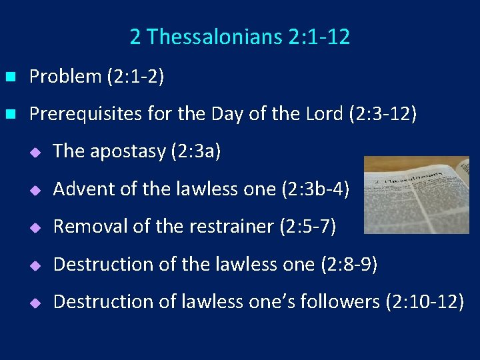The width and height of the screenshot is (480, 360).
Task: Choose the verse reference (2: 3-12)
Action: coord(383,114)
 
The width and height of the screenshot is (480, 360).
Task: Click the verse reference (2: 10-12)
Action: coord(425,302)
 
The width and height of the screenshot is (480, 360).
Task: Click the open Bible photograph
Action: coord(416,195)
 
